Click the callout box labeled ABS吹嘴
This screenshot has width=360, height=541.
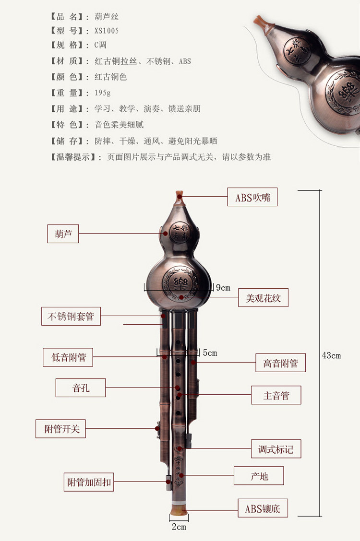tap(252, 197)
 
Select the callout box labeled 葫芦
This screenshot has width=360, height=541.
tap(63, 234)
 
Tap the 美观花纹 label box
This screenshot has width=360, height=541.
tap(264, 298)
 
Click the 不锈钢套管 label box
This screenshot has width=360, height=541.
tap(71, 317)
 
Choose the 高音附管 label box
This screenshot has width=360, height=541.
tap(280, 363)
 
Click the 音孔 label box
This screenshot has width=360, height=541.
tap(81, 388)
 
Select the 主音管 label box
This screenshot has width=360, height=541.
tap(276, 395)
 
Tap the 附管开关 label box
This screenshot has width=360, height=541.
tap(61, 429)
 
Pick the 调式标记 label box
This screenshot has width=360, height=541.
tap(276, 449)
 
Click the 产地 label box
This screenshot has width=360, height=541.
tap(259, 476)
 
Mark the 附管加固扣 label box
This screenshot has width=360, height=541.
tap(89, 482)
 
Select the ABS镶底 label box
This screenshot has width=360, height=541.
tap(263, 508)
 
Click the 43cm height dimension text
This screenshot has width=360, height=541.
tap(331, 355)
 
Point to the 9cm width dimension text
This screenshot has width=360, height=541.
tap(223, 288)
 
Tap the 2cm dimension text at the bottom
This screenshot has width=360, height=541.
tap(179, 527)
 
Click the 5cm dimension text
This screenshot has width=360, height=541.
tap(209, 353)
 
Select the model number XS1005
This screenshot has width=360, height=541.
tap(107, 31)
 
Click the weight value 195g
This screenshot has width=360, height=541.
tap(103, 93)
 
